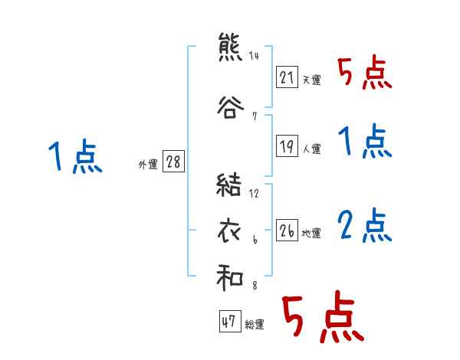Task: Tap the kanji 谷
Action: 230,106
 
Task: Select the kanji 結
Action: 230,185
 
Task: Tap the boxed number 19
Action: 287,147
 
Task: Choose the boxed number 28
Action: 173,162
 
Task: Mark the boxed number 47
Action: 228,322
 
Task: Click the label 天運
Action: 311,80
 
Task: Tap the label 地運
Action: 311,233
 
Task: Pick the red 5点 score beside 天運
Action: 364,74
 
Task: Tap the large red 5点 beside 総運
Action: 321,319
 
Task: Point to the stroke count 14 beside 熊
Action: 254,56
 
